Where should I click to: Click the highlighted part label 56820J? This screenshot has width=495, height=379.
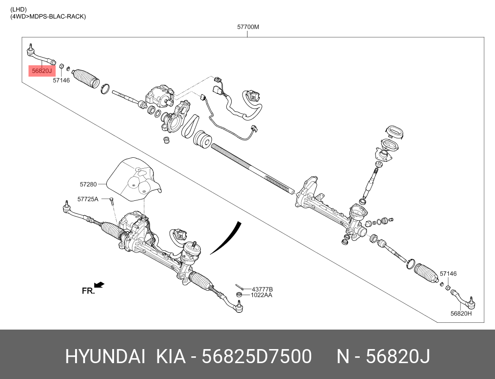point(42,71)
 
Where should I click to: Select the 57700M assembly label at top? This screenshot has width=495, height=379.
point(248,27)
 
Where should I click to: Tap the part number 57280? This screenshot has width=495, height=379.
point(88,184)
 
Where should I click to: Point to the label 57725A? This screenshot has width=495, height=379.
point(88,199)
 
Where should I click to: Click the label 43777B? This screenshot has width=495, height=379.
point(262,289)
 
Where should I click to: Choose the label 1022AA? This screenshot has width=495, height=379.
point(262,295)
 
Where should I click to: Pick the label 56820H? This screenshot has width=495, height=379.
point(461,314)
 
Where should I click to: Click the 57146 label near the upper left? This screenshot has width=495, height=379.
point(61,80)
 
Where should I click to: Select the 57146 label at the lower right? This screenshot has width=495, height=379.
point(448,274)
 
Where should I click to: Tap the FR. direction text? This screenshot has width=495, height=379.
point(88,291)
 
